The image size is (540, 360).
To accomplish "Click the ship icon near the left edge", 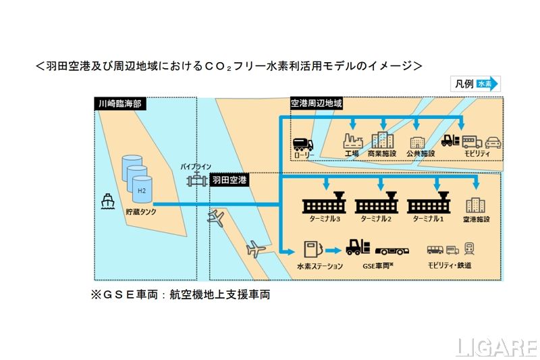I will tap(107, 202).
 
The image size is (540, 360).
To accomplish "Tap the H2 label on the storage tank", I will tap(141, 190).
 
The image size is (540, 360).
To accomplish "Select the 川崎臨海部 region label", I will tap(121, 104).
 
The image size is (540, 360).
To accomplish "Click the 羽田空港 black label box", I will tap(230, 180).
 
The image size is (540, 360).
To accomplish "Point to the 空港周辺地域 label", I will tap(317, 104).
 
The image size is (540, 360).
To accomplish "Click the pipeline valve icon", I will tap(196, 180).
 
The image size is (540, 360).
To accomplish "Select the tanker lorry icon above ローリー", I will tap(304, 143).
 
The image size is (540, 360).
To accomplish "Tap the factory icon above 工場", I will tap(352, 141).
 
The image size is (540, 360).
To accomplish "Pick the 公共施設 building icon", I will tap(417, 143).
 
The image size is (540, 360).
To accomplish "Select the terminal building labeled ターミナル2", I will tap(377, 203).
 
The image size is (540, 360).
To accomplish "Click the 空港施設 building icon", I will tap(476, 205).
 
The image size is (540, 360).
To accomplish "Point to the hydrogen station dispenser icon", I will tap(313, 249).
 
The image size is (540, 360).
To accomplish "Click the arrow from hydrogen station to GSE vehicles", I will tap(333, 250).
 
